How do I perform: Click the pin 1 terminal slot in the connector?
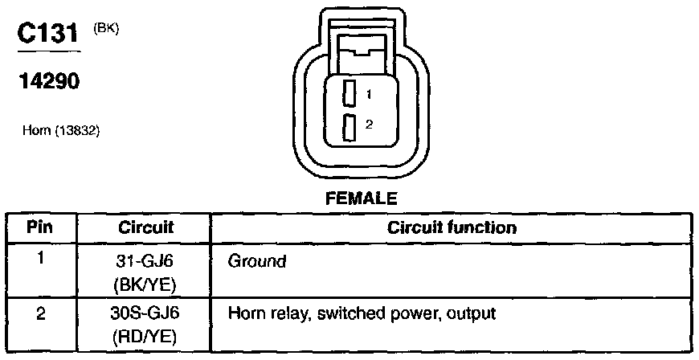click(x=349, y=93)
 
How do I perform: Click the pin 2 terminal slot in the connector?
click(x=349, y=127)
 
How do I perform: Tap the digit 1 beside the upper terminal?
click(x=369, y=95)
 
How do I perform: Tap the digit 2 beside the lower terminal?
click(x=369, y=125)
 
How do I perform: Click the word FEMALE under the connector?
click(x=362, y=198)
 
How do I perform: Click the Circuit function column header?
click(x=452, y=227)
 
